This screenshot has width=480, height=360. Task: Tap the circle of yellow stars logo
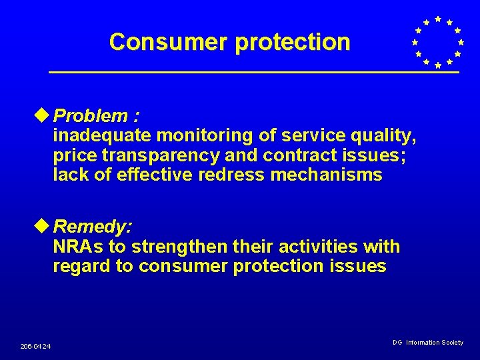(437, 42)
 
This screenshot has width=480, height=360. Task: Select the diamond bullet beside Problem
(45, 115)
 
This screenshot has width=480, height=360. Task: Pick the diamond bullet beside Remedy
(45, 227)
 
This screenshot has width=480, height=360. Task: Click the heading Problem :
(97, 116)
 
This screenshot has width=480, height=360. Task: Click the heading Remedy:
(93, 227)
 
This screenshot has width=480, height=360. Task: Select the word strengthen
(181, 247)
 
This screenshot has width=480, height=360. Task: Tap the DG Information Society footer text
(427, 342)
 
